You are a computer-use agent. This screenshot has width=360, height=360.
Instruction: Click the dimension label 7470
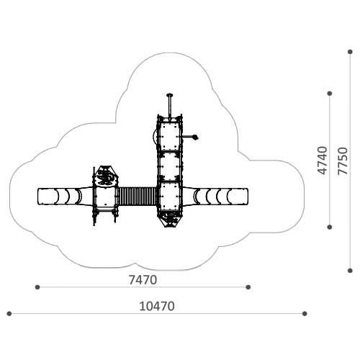click(x=143, y=280)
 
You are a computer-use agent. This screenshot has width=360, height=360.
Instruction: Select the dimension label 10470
click(x=157, y=306)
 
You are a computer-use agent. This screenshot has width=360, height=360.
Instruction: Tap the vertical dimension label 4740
click(x=323, y=161)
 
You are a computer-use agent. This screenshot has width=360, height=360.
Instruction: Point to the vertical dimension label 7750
click(x=343, y=161)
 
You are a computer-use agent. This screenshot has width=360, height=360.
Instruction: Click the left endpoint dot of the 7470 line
click(x=37, y=287)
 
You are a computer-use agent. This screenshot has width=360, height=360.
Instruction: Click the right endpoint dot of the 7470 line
click(x=248, y=287)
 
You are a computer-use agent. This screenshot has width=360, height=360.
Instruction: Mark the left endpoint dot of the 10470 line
click(x=9, y=313)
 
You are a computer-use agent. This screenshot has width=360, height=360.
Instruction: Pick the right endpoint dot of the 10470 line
click(x=305, y=313)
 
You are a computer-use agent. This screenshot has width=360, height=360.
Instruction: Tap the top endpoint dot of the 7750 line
click(x=350, y=52)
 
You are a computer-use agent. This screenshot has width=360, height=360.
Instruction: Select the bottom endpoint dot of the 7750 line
click(x=350, y=271)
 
